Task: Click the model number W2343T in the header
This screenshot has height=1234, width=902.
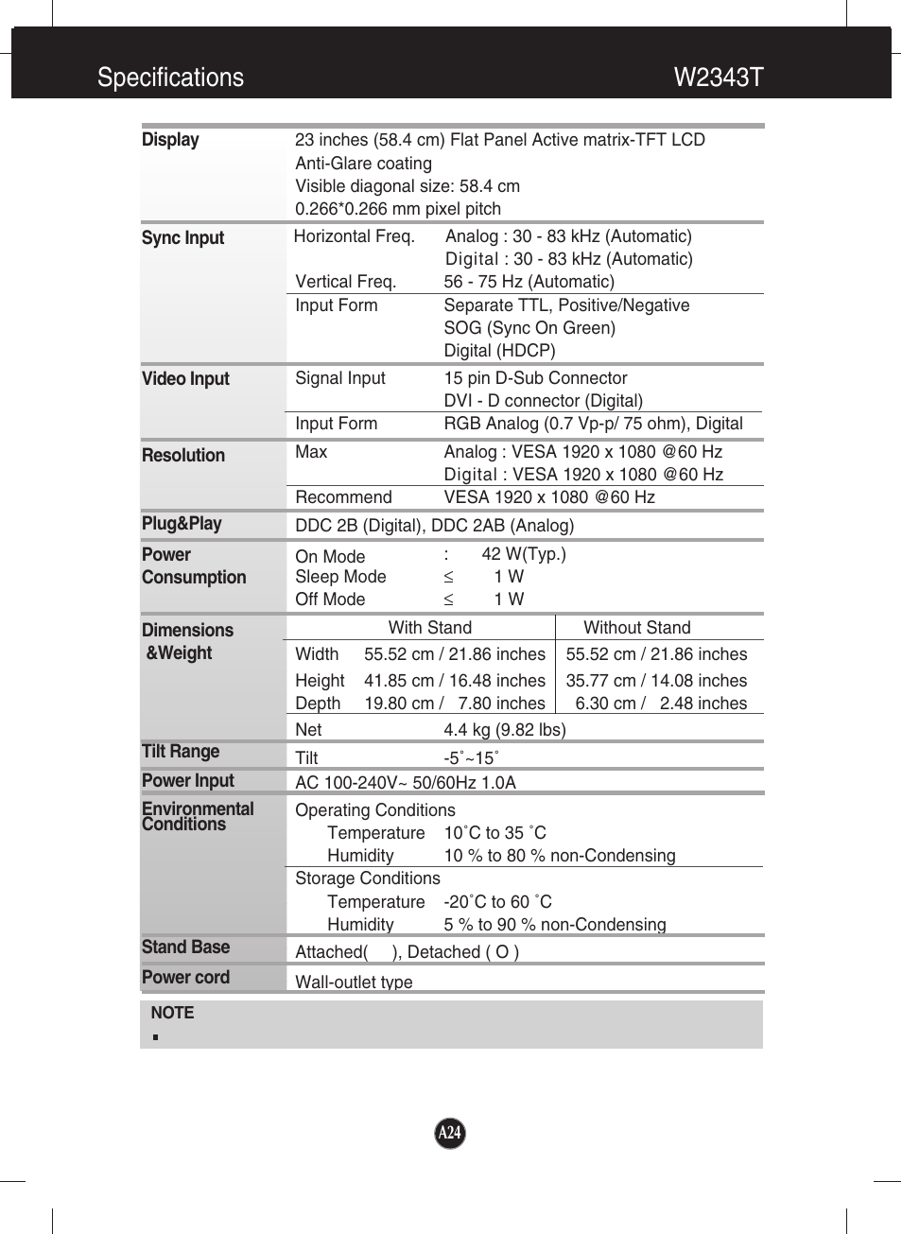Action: (x=718, y=78)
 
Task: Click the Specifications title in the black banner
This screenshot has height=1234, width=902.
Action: (x=170, y=78)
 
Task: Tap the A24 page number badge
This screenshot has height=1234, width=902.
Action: (x=450, y=1133)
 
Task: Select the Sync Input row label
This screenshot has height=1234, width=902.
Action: (x=182, y=238)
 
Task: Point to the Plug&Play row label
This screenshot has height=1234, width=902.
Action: (x=182, y=524)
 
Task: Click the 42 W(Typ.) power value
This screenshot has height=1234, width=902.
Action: (x=523, y=554)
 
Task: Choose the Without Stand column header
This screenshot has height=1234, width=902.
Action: (x=636, y=628)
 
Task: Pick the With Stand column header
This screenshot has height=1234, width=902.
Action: (x=429, y=628)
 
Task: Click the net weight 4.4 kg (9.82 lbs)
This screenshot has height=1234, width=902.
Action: (x=504, y=730)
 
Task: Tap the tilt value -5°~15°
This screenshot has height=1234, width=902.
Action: (x=471, y=758)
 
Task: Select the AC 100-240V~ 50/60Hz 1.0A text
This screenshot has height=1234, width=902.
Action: (x=405, y=783)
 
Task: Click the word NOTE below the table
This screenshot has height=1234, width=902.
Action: (x=172, y=1013)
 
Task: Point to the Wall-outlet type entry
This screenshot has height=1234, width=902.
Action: (x=354, y=982)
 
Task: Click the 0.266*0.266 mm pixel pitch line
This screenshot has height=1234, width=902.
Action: (x=398, y=209)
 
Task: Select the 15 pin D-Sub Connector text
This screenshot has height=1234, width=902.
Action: (x=535, y=378)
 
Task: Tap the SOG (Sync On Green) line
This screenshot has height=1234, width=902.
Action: (x=529, y=328)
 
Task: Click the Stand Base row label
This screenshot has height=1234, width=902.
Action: (x=185, y=947)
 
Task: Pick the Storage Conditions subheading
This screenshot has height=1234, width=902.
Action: (x=367, y=878)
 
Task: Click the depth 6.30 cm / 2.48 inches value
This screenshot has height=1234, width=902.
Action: (x=660, y=704)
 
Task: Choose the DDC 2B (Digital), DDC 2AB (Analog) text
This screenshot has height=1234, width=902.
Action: (x=434, y=526)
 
